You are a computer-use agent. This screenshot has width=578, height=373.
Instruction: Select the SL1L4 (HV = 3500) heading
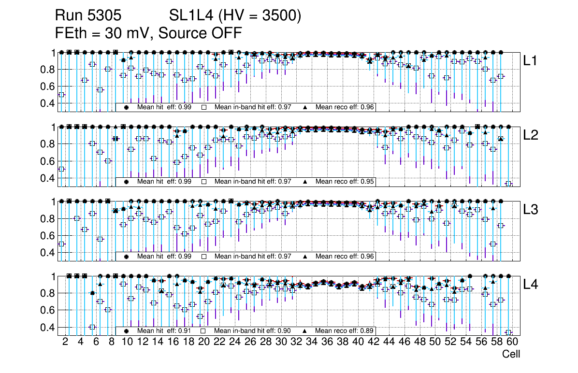pyautogui.click(x=235, y=16)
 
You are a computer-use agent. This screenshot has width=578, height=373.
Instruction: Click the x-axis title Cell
pyautogui.click(x=511, y=354)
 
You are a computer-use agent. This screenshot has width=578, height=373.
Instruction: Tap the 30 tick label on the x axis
pyautogui.click(x=281, y=342)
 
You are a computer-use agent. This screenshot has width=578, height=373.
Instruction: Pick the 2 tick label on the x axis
pyautogui.click(x=65, y=342)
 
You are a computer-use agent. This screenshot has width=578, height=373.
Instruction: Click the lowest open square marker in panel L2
pyautogui.click(x=508, y=184)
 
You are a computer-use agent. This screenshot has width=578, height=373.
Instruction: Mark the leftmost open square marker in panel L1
pyautogui.click(x=61, y=95)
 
